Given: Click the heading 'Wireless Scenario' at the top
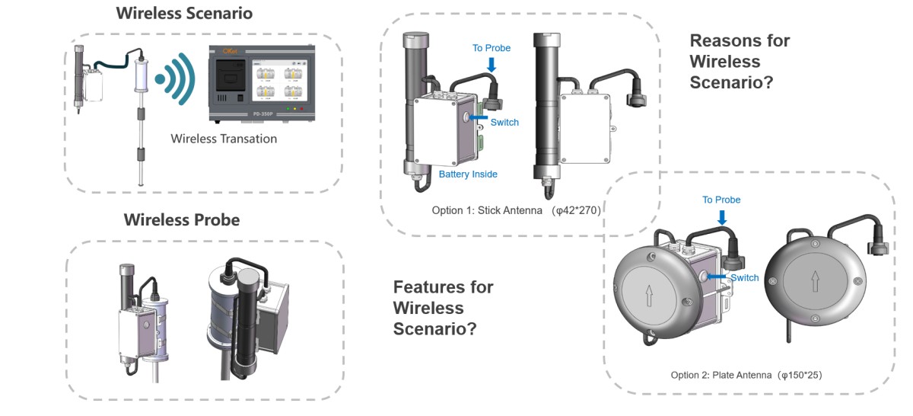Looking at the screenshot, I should click(x=183, y=14).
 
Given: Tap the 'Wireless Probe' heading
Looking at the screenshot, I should click(x=181, y=220).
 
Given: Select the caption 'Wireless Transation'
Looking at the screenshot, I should click(x=224, y=139).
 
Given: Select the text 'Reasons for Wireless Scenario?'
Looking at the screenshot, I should click(x=739, y=62).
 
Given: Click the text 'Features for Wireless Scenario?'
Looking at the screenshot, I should click(x=443, y=308).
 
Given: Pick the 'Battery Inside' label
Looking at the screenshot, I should click(x=468, y=174).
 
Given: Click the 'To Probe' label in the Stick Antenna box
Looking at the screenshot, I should click(x=491, y=48).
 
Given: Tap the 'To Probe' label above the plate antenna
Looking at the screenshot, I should click(x=721, y=200).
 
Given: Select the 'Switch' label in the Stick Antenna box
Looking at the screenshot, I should click(x=504, y=122).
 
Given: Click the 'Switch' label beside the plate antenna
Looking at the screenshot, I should click(x=744, y=278).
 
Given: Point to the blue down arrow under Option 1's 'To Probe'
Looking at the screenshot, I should click(x=491, y=64).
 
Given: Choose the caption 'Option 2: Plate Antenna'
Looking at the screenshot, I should click(x=721, y=375).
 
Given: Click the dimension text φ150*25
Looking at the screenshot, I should click(x=797, y=375).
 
